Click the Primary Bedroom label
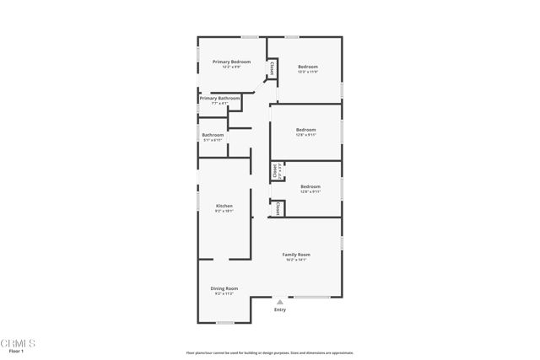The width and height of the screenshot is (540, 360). (231, 62)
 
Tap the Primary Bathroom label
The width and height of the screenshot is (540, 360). (219, 98)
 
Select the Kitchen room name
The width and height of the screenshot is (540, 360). (224, 206)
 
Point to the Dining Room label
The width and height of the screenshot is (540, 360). (224, 288)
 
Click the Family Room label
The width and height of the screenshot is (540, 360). (296, 255)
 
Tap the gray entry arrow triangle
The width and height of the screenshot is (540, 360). (280, 301)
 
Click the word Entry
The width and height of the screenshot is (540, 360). (280, 309)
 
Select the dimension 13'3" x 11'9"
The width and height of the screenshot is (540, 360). (307, 72)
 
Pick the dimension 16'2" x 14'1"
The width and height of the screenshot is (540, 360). (296, 260)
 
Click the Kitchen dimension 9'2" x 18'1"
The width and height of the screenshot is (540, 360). (224, 211)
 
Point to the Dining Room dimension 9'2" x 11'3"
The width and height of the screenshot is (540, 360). (224, 293)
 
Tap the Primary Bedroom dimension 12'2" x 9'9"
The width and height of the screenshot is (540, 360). (231, 67)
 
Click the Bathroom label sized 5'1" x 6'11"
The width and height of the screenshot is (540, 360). (213, 135)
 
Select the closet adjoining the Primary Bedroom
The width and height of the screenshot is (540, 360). (273, 68)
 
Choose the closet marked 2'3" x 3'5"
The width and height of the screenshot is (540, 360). (277, 172)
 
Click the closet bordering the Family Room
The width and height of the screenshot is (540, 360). (277, 207)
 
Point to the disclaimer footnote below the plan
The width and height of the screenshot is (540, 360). (269, 352)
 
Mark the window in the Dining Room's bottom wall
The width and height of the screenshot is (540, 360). (225, 323)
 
